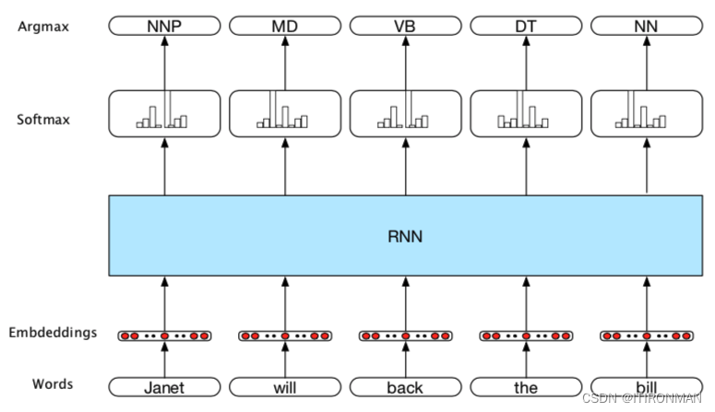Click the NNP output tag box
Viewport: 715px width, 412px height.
tap(165, 26)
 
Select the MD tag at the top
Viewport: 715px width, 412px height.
tap(285, 26)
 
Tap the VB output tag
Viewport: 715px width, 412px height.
tap(405, 26)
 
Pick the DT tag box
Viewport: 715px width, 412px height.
tap(525, 26)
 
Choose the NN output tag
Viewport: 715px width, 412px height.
tap(646, 26)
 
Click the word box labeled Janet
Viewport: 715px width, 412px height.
tap(165, 388)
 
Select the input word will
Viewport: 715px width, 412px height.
tap(285, 388)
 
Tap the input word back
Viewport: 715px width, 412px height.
tap(405, 388)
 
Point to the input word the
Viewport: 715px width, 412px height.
tap(525, 388)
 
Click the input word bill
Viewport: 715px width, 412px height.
tap(646, 388)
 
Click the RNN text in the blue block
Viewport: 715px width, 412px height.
tap(405, 235)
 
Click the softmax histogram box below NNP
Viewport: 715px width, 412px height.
tap(165, 113)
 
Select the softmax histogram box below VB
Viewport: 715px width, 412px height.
tap(405, 113)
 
